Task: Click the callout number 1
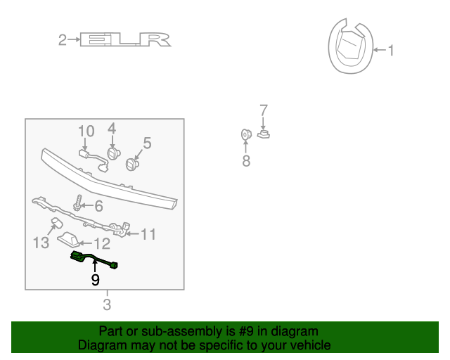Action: tap(392, 50)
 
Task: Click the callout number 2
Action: tap(63, 40)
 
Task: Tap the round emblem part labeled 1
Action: tap(349, 49)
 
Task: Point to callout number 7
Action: tap(264, 110)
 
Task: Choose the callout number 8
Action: tap(246, 162)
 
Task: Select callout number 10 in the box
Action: tap(86, 131)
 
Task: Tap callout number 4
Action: tap(112, 129)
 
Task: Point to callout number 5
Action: tap(147, 143)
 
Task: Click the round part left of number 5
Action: tap(131, 165)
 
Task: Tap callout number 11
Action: tap(148, 234)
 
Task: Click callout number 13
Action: tap(41, 243)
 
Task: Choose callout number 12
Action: tap(103, 244)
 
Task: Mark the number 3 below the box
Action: tap(107, 304)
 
